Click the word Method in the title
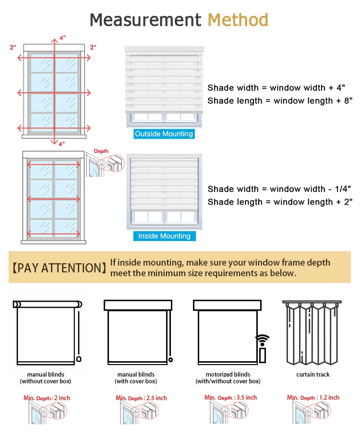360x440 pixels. point(238,20)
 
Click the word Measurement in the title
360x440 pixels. point(145,20)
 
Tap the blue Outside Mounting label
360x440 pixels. point(164,134)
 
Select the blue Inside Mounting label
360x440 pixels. point(164,236)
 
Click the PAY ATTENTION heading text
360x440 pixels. point(58,268)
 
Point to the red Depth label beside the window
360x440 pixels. point(101,151)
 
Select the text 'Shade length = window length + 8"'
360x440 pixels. point(280,101)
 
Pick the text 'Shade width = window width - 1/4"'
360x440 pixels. point(280,189)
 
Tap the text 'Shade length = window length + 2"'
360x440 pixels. point(280,202)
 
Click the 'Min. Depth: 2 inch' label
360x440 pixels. point(47,398)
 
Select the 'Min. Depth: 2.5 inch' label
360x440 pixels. point(141,398)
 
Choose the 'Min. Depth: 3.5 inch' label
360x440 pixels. point(230,397)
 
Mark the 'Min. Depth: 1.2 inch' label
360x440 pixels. point(313,397)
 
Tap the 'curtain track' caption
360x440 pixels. point(313,375)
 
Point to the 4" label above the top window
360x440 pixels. point(62,37)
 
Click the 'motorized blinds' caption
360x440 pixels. point(228,375)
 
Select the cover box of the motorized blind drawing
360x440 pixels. point(228,305)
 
